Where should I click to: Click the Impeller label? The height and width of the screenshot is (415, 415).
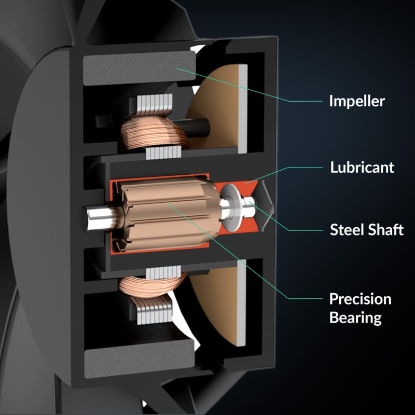coord(357,101)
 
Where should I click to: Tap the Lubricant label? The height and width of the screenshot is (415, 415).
coord(362,167)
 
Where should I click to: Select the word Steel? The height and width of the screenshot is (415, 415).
coord(346,229)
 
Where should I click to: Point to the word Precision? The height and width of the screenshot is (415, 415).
coord(360,299)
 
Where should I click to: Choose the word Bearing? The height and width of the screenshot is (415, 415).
coord(355,317)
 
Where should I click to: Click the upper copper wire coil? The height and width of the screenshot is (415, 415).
coord(155,134)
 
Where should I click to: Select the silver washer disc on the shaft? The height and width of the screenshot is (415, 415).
coord(231,206)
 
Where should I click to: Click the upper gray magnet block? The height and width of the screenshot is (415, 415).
coord(139,68)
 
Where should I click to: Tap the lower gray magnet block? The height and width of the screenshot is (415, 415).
coord(139,359)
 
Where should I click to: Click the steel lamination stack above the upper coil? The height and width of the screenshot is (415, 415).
coord(155,105)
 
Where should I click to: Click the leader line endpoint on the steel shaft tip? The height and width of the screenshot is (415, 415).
coord(249,202)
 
